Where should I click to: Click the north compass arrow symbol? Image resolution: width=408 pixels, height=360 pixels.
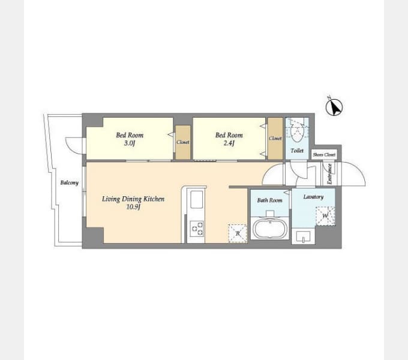[x=334, y=107]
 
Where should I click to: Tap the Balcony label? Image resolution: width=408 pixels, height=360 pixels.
[x=69, y=182]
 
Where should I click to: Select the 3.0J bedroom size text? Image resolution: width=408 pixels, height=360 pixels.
[x=130, y=143]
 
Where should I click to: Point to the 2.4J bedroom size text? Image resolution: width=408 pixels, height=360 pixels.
[x=229, y=143]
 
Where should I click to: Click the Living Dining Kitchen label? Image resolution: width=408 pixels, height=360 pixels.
[x=133, y=199]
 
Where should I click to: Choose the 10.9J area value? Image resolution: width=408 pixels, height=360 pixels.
[x=133, y=207]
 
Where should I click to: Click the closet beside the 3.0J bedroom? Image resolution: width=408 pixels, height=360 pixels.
[x=183, y=142]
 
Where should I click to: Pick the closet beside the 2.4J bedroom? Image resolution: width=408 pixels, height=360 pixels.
[x=275, y=139]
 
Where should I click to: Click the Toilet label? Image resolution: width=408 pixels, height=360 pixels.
[x=297, y=151]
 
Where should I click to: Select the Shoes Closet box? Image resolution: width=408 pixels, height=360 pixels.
[x=324, y=155]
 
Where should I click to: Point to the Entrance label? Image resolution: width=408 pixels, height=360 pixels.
[x=329, y=174]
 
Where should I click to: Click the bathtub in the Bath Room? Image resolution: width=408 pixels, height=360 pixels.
[x=270, y=229]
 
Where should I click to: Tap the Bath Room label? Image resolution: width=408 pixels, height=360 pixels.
[x=269, y=200]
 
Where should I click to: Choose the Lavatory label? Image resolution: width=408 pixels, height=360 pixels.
[x=313, y=197]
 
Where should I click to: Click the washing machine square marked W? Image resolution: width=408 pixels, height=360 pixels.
[x=325, y=216]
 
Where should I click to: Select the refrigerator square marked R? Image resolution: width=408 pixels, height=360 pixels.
[x=238, y=233]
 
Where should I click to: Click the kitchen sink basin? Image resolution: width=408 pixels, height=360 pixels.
[x=196, y=200]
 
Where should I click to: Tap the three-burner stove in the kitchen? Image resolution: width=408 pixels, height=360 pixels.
[x=197, y=229]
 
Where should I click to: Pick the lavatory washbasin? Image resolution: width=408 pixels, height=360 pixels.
[x=303, y=237]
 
